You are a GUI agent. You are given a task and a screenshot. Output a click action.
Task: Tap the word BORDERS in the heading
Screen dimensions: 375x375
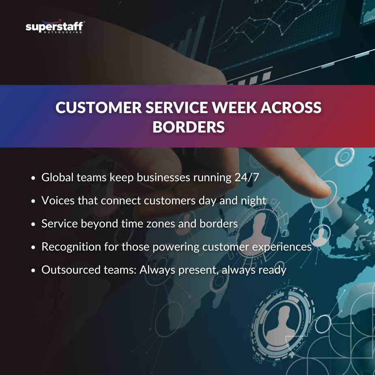pyautogui.click(x=188, y=126)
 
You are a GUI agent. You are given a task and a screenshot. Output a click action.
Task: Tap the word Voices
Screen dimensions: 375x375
pyautogui.click(x=55, y=200)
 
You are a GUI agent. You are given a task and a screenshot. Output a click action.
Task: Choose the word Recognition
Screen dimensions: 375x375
pyautogui.click(x=67, y=246)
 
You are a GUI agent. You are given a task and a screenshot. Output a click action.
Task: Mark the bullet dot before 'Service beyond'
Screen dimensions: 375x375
pyautogui.click(x=34, y=224)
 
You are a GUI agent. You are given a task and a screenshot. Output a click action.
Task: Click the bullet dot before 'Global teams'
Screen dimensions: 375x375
pyautogui.click(x=34, y=178)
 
